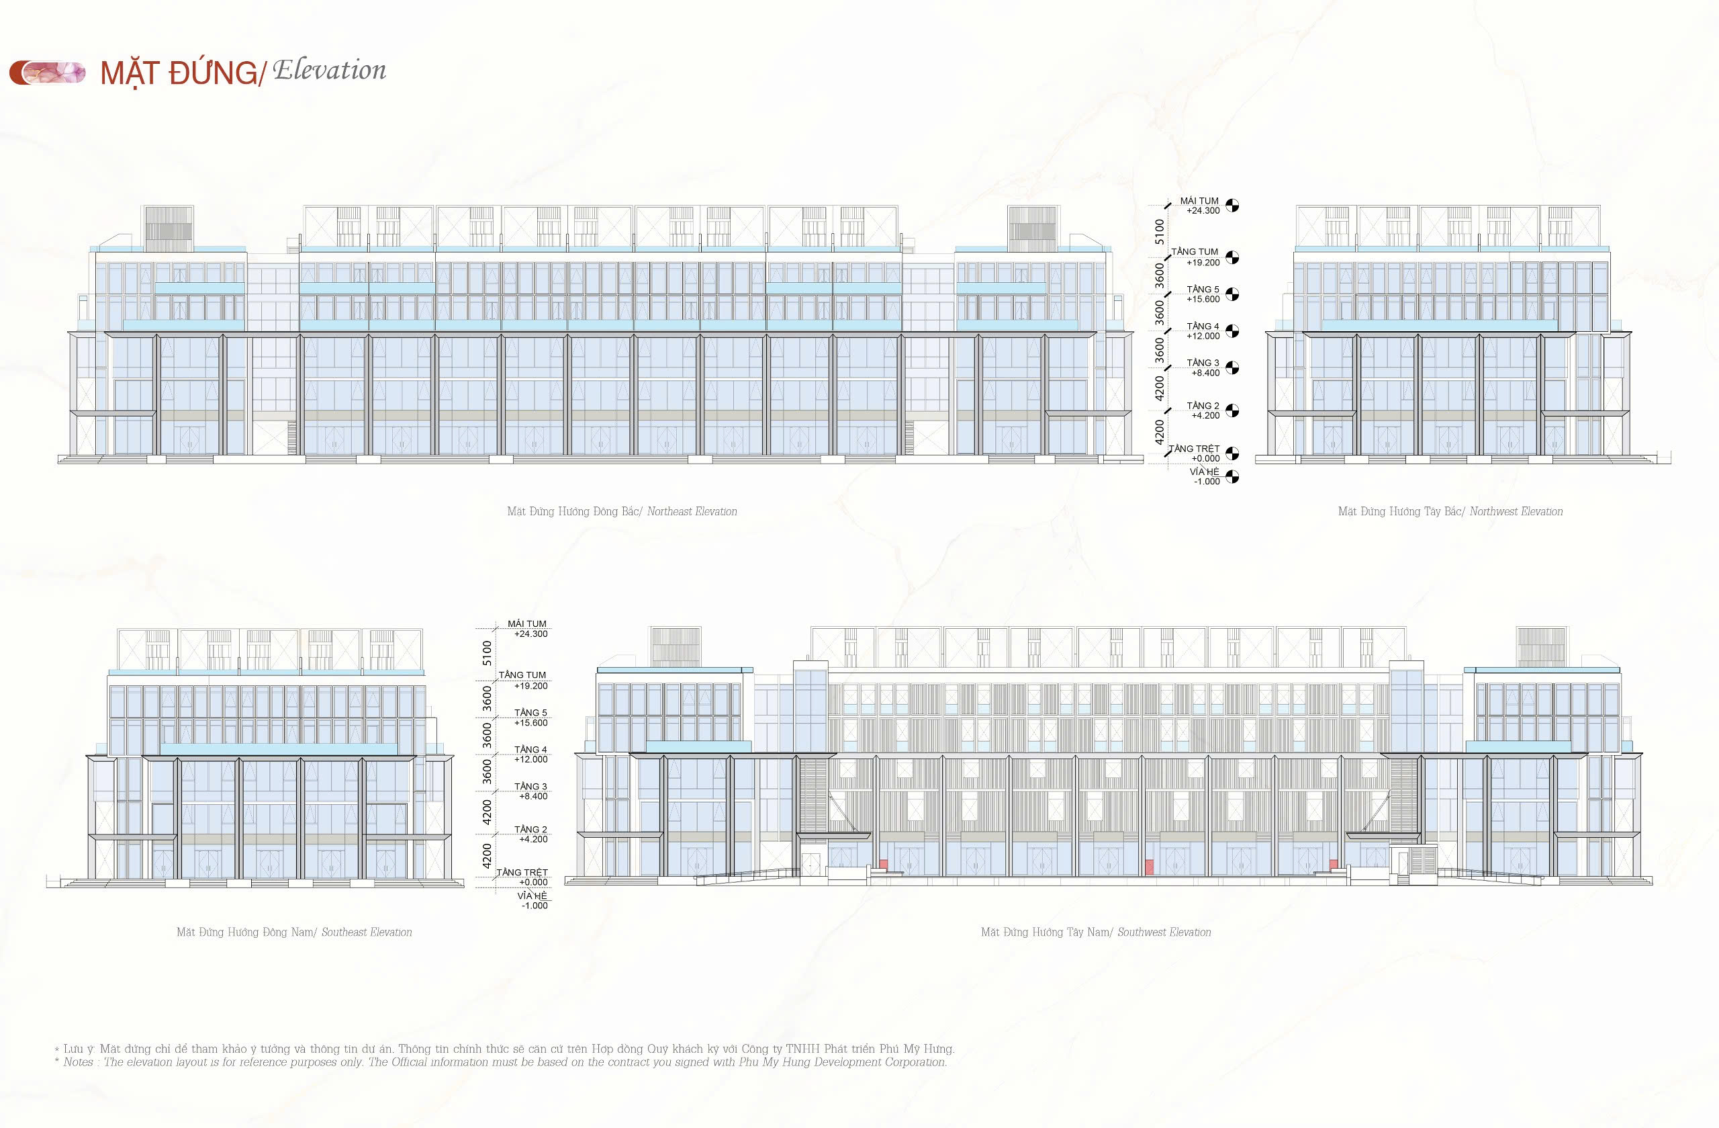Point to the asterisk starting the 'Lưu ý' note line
tap(57, 1049)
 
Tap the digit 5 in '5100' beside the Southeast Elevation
tap(487, 662)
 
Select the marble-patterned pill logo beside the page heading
tap(48, 73)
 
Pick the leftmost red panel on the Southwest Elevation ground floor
tap(883, 863)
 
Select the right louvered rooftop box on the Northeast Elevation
tap(1032, 223)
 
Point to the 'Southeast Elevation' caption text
tap(367, 932)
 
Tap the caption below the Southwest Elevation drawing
tap(1096, 932)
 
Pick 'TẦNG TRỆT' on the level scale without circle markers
tap(522, 872)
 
